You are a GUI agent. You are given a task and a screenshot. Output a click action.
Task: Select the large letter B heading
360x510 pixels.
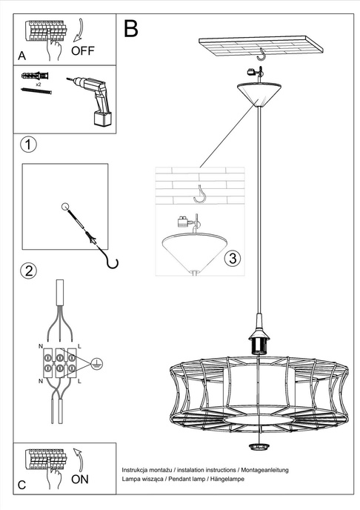pos(131,28)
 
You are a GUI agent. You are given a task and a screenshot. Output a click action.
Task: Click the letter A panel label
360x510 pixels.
pos(22,56)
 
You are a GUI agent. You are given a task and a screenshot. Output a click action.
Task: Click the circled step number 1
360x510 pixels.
pos(27,144)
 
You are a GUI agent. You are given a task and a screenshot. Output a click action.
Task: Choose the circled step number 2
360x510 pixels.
pos(27,270)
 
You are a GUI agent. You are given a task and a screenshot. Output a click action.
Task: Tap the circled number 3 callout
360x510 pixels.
pos(232,259)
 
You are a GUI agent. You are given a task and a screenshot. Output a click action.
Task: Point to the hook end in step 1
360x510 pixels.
pos(111,261)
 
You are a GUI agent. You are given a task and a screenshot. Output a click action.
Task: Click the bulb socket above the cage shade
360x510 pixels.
pos(259,342)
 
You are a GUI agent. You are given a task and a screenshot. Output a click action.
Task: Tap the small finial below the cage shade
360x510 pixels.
pos(259,446)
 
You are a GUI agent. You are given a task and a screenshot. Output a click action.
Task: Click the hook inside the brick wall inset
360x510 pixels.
pos(199,193)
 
